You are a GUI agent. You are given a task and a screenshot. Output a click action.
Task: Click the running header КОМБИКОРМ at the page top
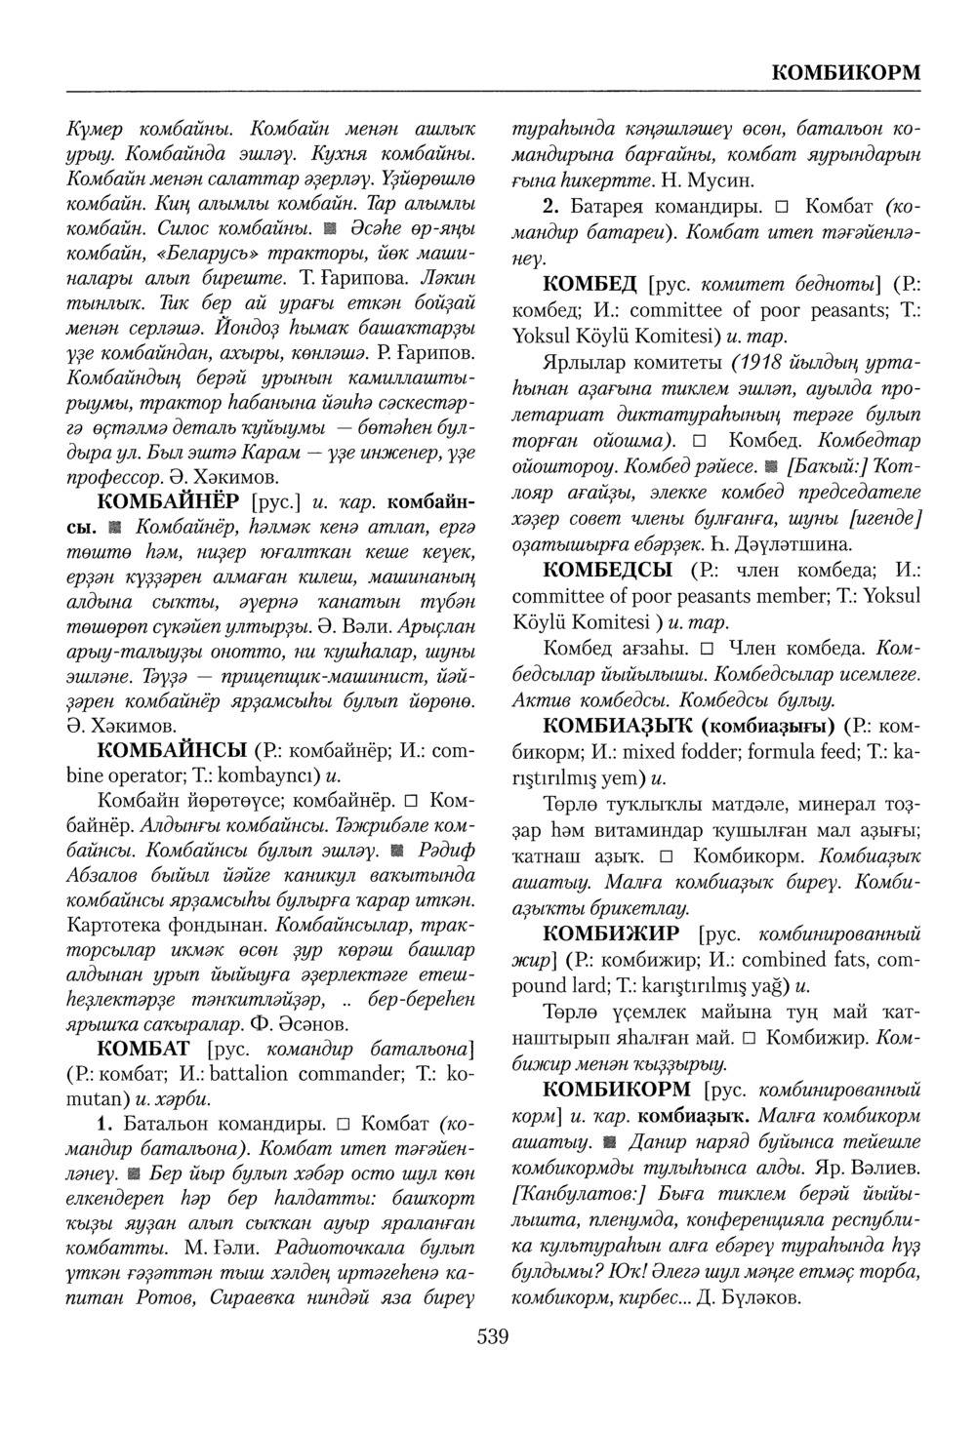[845, 73]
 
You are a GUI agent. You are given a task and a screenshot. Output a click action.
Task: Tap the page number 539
[493, 1335]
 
